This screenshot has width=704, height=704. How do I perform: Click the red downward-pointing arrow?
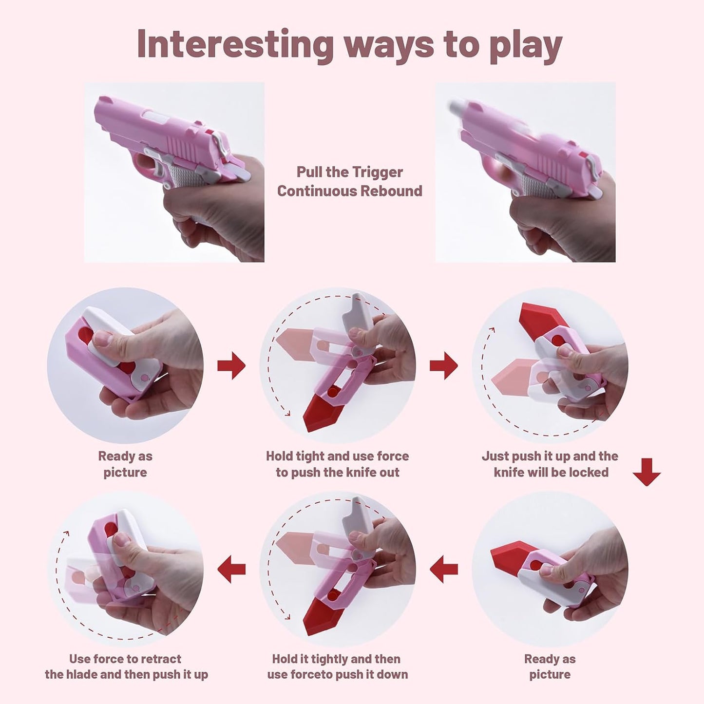coord(647,472)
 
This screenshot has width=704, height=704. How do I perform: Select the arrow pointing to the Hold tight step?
coord(231,365)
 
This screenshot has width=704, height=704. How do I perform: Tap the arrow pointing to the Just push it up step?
coord(443,365)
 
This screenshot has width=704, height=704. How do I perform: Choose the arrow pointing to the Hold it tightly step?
coord(443,569)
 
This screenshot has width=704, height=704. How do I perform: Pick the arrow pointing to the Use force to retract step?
coord(231,569)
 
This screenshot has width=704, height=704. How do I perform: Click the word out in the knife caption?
coord(389,472)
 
